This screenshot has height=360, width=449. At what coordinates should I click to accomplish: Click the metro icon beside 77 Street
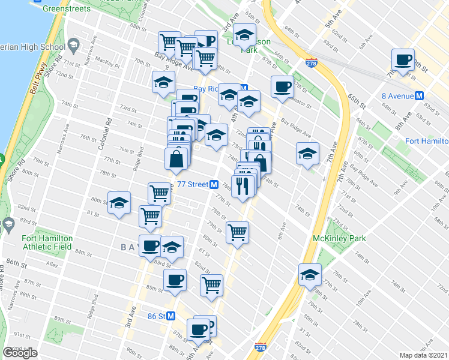[x=214, y=185]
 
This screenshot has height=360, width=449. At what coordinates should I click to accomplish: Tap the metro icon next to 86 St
[x=171, y=316]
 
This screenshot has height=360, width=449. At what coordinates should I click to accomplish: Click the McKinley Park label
[x=339, y=238]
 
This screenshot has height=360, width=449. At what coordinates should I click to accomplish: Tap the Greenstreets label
[x=67, y=10]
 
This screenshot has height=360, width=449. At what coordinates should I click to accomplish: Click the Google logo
[x=20, y=352]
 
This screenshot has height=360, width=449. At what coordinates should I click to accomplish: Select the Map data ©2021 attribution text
[x=423, y=355]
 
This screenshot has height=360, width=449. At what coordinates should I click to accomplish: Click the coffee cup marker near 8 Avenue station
[x=403, y=60]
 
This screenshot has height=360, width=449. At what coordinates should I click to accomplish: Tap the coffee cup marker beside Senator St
[x=282, y=87]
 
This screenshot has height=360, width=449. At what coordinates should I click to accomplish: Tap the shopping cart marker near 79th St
[x=238, y=232]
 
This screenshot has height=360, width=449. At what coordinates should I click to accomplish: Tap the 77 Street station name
[x=193, y=185]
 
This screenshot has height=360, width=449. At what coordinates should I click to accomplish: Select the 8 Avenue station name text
[x=397, y=95]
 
